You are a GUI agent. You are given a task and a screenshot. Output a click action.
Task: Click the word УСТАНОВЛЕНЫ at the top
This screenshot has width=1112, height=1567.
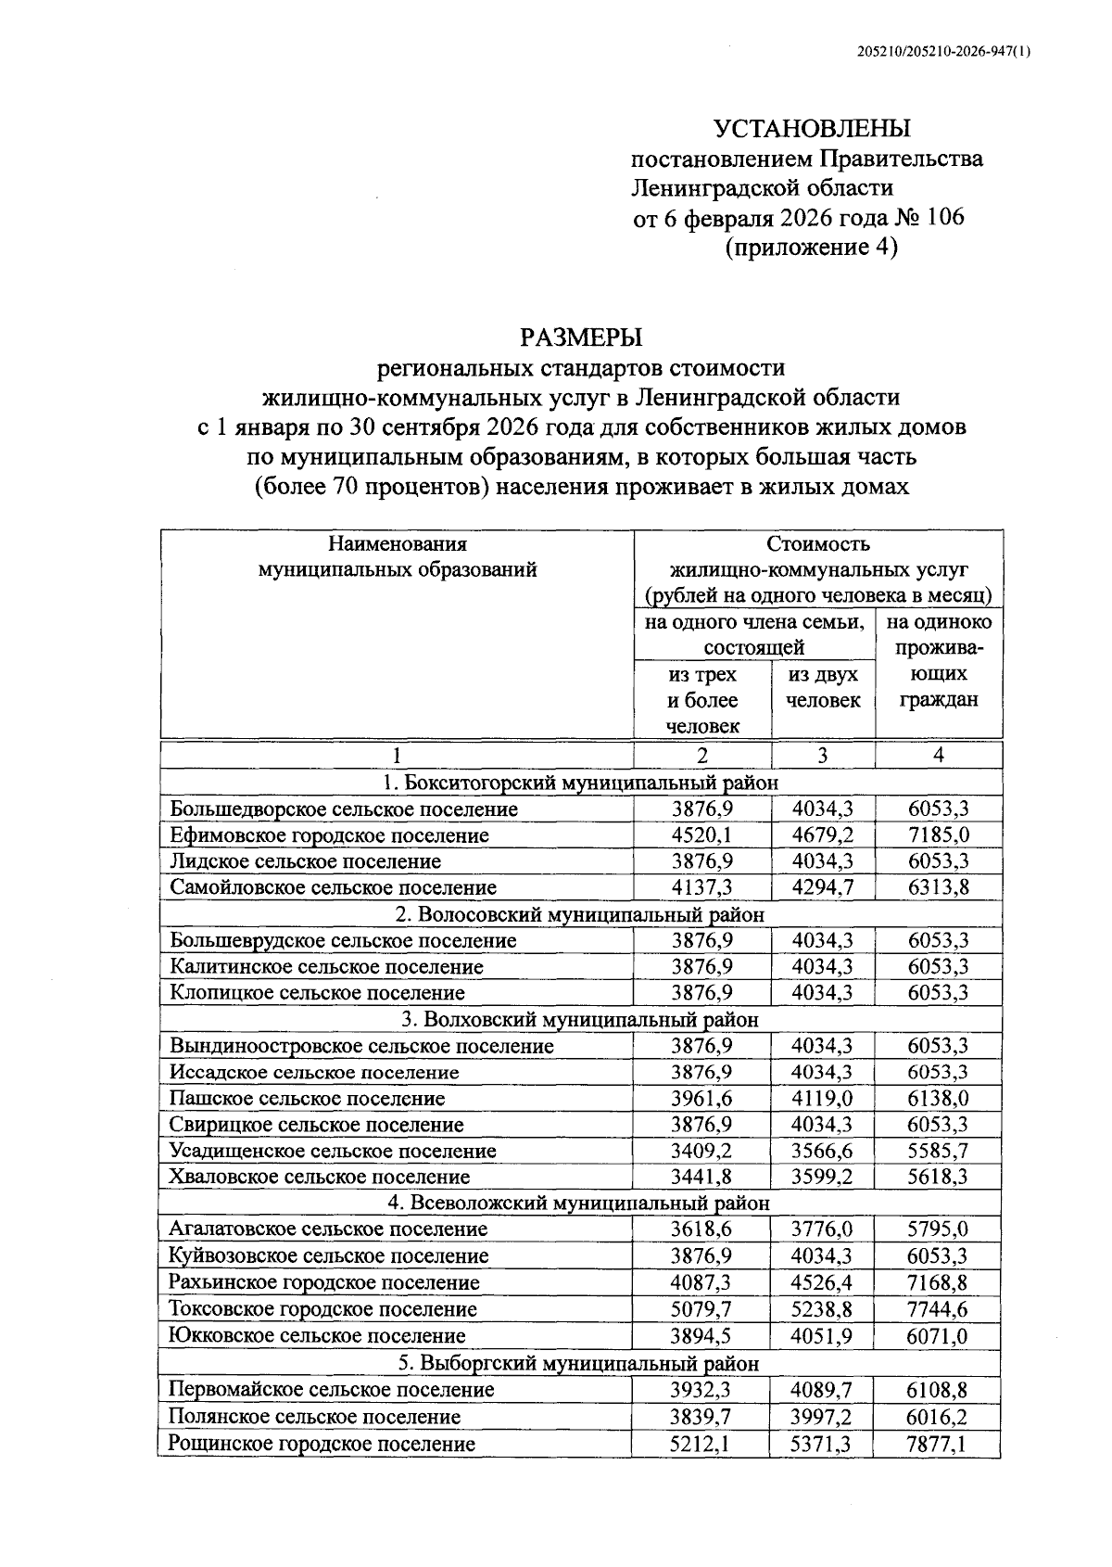(812, 128)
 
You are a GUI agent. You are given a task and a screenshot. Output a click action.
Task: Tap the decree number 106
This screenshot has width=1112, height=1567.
(941, 218)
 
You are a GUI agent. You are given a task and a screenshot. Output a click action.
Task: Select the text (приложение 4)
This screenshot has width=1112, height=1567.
(812, 248)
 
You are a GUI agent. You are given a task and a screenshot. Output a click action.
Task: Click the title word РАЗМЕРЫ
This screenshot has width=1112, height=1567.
(581, 337)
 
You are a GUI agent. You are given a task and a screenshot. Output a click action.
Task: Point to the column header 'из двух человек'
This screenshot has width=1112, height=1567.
(823, 687)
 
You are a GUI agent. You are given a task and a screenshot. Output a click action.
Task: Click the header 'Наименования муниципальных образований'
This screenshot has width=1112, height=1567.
(398, 556)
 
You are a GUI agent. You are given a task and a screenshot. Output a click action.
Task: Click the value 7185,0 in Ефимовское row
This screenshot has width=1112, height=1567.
(938, 835)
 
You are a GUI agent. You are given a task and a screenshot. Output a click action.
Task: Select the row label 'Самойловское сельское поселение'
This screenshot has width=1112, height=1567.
(333, 887)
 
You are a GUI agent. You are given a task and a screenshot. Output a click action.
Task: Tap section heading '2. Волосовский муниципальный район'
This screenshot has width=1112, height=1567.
(580, 914)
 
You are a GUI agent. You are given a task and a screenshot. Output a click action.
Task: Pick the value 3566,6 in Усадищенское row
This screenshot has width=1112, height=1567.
(822, 1151)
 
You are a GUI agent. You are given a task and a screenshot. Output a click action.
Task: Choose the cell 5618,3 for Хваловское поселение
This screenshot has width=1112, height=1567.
(938, 1177)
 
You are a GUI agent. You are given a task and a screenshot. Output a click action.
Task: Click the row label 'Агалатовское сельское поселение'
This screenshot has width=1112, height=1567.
(328, 1229)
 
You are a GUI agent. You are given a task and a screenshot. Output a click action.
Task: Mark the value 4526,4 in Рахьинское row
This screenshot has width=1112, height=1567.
(822, 1282)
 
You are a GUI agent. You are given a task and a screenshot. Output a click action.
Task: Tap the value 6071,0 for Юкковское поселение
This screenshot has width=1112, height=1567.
(938, 1336)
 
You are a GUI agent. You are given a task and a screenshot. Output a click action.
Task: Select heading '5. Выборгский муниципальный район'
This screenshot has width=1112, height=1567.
(580, 1364)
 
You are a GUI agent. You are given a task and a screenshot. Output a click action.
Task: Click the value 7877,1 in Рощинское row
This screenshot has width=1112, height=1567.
(938, 1444)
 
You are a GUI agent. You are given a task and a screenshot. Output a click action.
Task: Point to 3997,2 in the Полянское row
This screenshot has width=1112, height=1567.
(822, 1417)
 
